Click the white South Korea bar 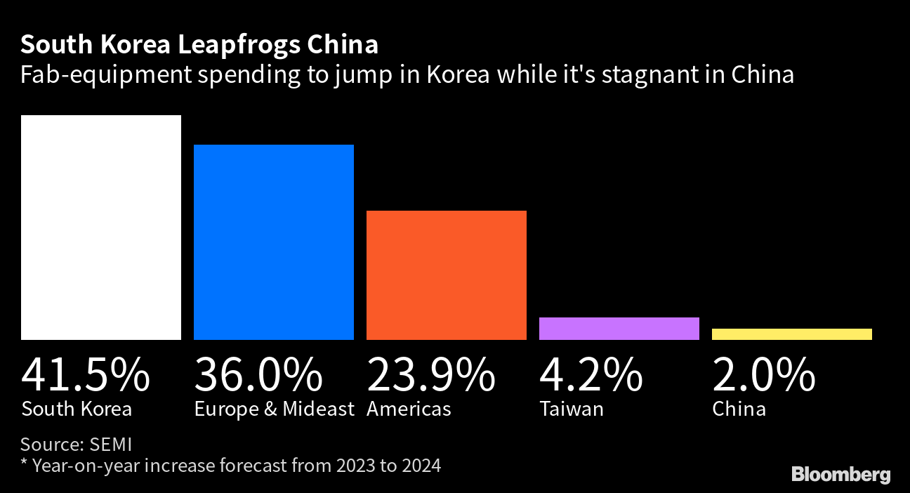pyautogui.click(x=101, y=228)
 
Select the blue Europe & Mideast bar pyautogui.click(x=274, y=242)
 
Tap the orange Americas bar pyautogui.click(x=447, y=275)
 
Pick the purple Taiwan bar pyautogui.click(x=619, y=329)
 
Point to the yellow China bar pyautogui.click(x=792, y=334)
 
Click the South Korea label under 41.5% pyautogui.click(x=77, y=409)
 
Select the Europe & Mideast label pyautogui.click(x=274, y=409)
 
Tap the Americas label pyautogui.click(x=409, y=409)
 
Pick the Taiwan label pyautogui.click(x=571, y=409)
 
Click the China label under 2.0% pyautogui.click(x=739, y=409)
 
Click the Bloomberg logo pyautogui.click(x=840, y=475)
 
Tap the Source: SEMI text pyautogui.click(x=77, y=444)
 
